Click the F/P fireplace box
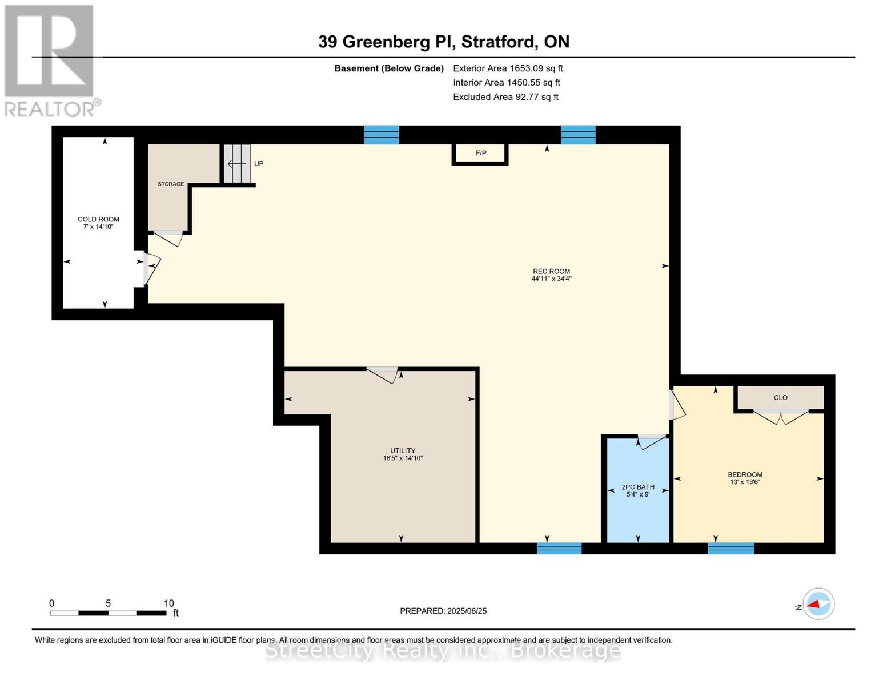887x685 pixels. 480,154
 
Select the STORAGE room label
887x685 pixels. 171,184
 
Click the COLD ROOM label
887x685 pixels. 98,219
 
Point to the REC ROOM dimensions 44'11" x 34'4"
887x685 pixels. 551,279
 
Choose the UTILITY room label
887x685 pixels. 403,450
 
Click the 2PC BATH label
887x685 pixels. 638,487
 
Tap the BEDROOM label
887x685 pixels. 745,474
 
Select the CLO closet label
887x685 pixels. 780,398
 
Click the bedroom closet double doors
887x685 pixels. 780,417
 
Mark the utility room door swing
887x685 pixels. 382,374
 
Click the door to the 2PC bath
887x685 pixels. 652,441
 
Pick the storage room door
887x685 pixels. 168,237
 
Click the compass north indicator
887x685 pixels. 818,604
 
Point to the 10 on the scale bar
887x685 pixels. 168,603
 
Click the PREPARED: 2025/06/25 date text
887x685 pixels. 443,611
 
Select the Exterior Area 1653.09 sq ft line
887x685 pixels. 508,68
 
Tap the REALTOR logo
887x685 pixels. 50,60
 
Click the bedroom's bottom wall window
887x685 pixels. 731,549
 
